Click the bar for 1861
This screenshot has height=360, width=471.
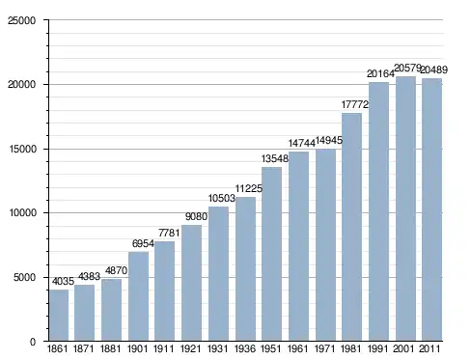(x=59, y=316)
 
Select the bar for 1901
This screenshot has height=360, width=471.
(x=138, y=296)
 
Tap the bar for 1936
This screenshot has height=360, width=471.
(x=245, y=269)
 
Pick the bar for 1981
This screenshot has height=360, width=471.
(x=351, y=227)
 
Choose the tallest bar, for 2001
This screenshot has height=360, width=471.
(x=405, y=208)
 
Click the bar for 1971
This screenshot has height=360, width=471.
(x=325, y=245)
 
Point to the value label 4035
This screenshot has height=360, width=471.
(x=63, y=282)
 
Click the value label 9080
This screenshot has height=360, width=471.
(x=196, y=216)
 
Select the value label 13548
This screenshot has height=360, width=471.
(x=275, y=158)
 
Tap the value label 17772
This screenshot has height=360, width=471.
(x=355, y=104)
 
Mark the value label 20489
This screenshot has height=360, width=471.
(x=434, y=69)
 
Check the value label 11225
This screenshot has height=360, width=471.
(x=249, y=188)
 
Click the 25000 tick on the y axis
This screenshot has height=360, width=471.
(x=21, y=20)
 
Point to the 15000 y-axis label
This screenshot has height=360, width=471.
(x=21, y=150)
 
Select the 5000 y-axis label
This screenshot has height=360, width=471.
(x=24, y=277)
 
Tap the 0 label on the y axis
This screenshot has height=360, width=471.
(x=33, y=342)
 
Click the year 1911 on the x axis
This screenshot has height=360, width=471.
(x=163, y=349)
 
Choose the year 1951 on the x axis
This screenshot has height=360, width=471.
(x=270, y=349)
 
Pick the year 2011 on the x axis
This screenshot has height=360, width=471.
(x=430, y=349)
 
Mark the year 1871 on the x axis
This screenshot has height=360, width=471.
(x=83, y=349)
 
